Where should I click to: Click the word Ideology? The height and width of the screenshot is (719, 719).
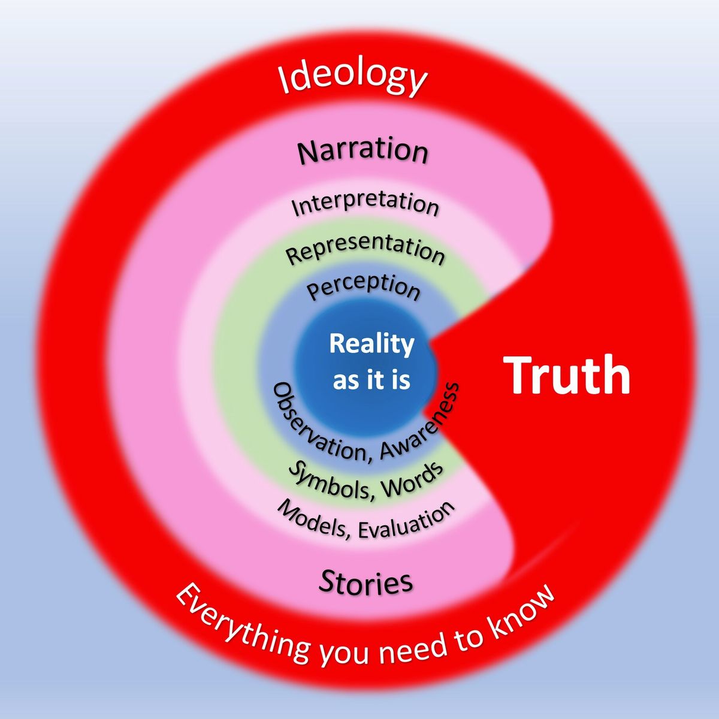tap(352, 79)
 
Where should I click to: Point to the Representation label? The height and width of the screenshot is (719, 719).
tap(365, 249)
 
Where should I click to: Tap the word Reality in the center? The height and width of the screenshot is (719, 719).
tap(371, 345)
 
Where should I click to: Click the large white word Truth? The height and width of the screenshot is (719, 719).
tap(566, 374)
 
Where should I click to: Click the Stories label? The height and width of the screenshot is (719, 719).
tap(365, 582)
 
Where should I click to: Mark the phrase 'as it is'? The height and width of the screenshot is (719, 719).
tap(371, 380)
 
